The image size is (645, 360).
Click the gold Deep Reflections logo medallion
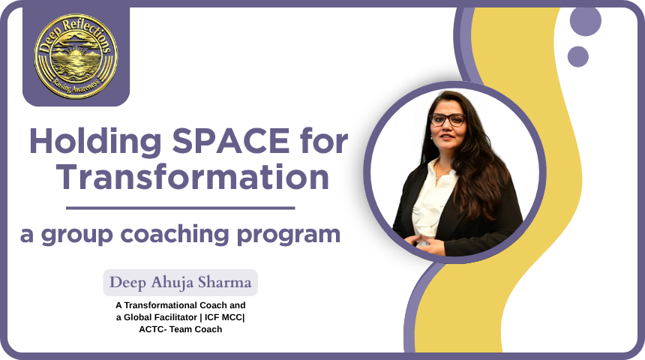tap(76, 56)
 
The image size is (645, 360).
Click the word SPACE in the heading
tap(231, 141)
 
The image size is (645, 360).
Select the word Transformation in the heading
tap(193, 176)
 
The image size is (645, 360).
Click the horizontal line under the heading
tap(181, 208)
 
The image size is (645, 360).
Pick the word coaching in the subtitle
tap(174, 234)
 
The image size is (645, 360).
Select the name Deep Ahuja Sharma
tap(180, 283)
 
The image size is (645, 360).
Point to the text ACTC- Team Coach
tap(181, 329)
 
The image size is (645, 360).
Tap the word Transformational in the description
tap(164, 305)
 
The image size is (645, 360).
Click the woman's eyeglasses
tap(448, 120)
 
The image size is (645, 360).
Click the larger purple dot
tap(586, 20)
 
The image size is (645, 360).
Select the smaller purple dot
tap(578, 57)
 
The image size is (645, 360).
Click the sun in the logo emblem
tap(75, 53)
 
